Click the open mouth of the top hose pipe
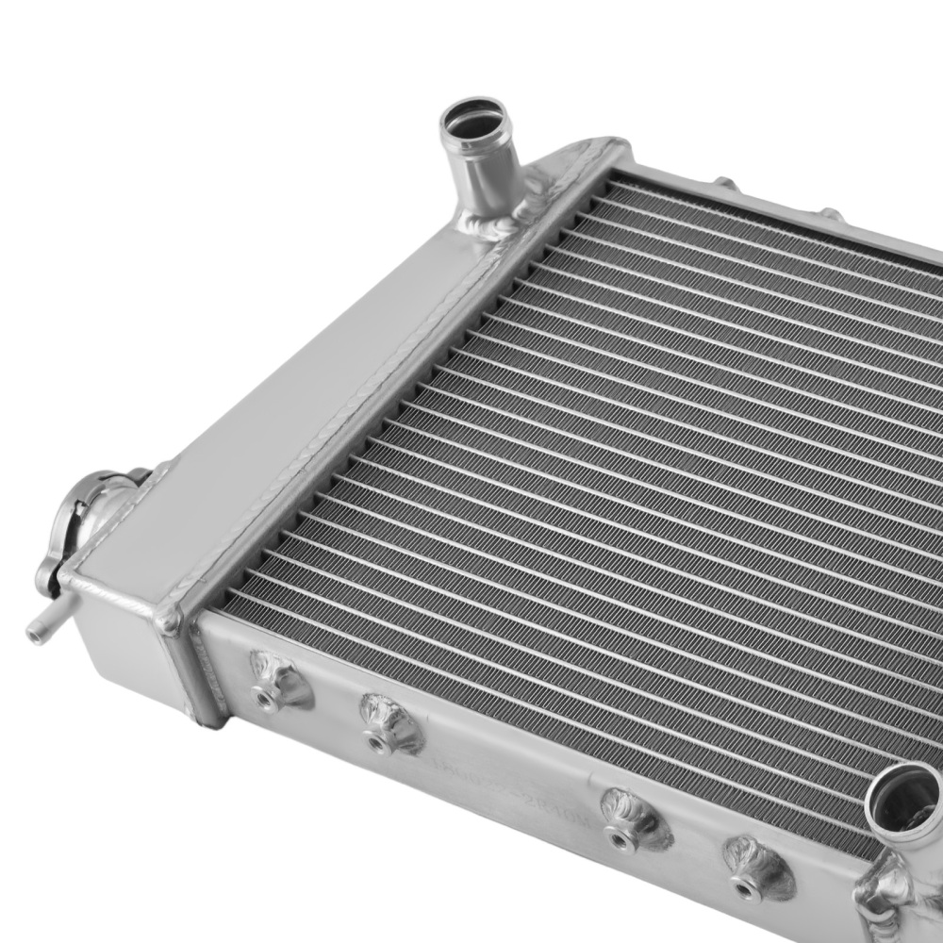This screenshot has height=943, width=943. tap(475, 121)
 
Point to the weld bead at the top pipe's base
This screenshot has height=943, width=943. tap(490, 224)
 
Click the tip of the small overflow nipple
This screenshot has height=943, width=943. tap(36, 634)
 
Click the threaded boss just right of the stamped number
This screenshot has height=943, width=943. tap(627, 819)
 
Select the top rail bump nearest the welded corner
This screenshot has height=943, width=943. tap(724, 183)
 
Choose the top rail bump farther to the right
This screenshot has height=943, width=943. tap(831, 215)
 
